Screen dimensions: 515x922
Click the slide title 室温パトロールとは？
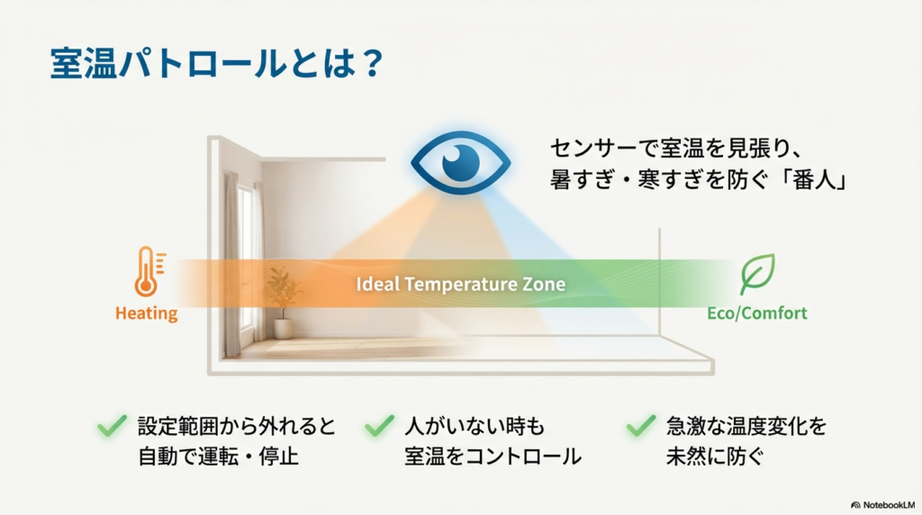(x=217, y=65)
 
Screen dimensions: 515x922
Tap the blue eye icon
(x=460, y=162)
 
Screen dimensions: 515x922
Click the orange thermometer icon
(x=147, y=273)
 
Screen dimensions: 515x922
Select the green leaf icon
(x=756, y=274)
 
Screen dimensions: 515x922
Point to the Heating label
(x=146, y=313)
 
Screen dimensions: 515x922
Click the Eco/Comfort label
(x=756, y=313)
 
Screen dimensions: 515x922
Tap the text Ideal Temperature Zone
(x=460, y=285)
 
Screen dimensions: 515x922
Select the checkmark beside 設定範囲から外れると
(x=112, y=426)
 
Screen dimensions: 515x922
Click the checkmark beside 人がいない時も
(x=381, y=426)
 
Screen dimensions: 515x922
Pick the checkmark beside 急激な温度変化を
(x=640, y=426)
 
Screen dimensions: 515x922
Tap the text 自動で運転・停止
(x=217, y=456)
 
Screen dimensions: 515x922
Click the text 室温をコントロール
(x=493, y=456)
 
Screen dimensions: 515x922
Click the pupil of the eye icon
(x=465, y=161)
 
